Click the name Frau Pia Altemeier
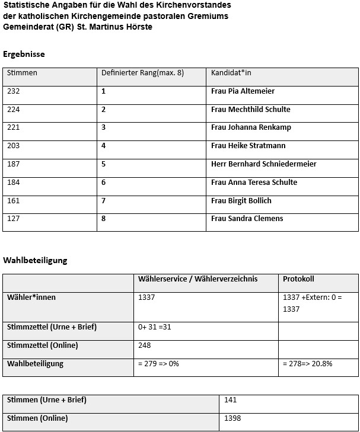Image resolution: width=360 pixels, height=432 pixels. pyautogui.click(x=243, y=91)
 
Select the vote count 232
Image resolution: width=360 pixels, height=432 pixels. pyautogui.click(x=13, y=91)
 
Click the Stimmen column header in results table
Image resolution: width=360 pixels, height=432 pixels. pyautogui.click(x=22, y=73)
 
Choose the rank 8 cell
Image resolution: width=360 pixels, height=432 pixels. pyautogui.click(x=103, y=219)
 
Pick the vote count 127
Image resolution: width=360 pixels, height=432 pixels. pyautogui.click(x=13, y=219)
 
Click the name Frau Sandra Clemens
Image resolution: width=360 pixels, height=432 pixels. pyautogui.click(x=247, y=219)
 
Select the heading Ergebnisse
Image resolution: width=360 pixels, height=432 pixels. pyautogui.click(x=24, y=54)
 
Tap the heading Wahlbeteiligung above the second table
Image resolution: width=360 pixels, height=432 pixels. pyautogui.click(x=35, y=260)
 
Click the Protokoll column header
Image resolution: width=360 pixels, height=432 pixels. pyautogui.click(x=298, y=279)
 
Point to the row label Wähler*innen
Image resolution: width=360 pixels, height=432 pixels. pyautogui.click(x=31, y=297)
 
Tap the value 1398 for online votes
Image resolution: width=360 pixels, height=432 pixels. pyautogui.click(x=232, y=418)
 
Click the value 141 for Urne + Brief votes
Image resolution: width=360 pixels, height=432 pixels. pyautogui.click(x=231, y=400)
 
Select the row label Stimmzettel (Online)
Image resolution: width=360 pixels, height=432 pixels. pyautogui.click(x=42, y=345)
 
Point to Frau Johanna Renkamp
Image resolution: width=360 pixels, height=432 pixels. pyautogui.click(x=251, y=127)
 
